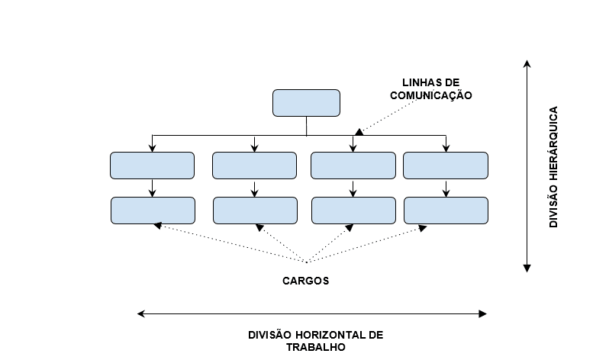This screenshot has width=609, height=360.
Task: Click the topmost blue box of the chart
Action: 306,103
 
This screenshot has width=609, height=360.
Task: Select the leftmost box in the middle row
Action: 153,165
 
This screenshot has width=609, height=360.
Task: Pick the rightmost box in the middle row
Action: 445,165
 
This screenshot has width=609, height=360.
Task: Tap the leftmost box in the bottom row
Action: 153,210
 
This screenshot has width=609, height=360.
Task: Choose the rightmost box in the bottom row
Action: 445,210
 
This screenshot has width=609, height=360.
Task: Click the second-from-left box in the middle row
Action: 254,165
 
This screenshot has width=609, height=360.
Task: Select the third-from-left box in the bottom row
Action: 353,210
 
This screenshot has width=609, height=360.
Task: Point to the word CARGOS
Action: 305,281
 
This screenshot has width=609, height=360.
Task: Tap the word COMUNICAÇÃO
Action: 431,95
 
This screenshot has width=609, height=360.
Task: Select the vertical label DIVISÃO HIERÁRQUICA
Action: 553,166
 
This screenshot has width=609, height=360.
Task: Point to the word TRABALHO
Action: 316,347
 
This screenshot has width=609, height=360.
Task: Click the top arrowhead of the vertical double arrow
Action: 527,63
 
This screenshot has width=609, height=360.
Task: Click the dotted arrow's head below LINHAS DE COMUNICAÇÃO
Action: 359,132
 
